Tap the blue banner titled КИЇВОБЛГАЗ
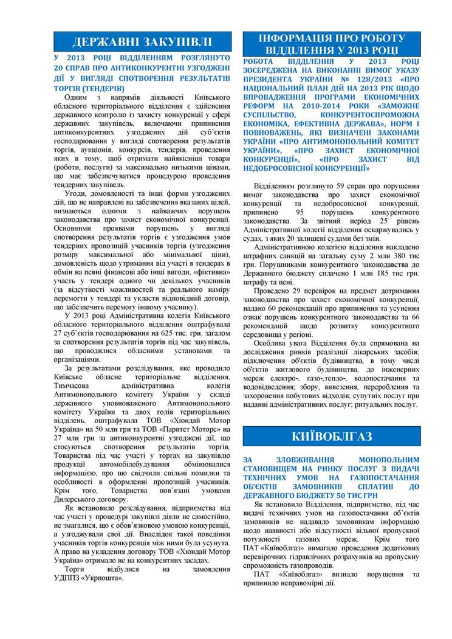(332, 437)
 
